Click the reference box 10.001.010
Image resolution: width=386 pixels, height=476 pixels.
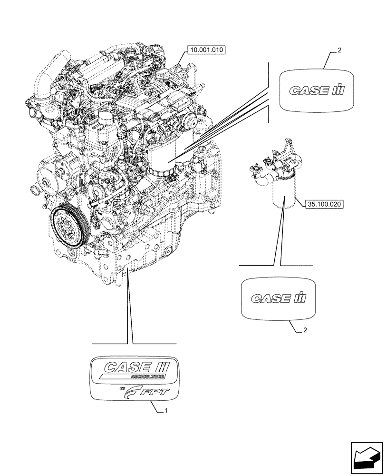tap(208, 49)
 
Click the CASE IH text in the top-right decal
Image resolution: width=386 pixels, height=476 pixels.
tap(316, 89)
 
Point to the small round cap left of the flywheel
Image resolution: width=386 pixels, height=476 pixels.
tap(35, 190)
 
